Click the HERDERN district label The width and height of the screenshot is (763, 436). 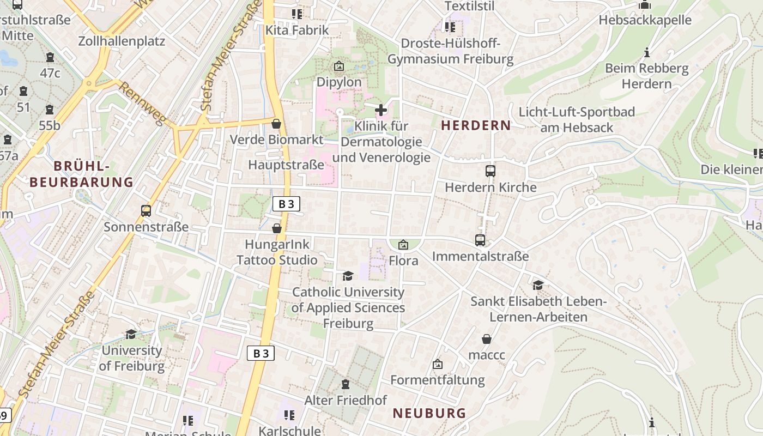coord(476,126)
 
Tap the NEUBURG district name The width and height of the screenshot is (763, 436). coord(429,413)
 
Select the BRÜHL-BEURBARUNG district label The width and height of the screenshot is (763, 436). coord(81,174)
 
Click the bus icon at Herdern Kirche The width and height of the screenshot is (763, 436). coord(491,171)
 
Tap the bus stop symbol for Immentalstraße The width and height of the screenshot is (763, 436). coord(480,240)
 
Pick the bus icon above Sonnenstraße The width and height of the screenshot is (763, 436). coord(146,211)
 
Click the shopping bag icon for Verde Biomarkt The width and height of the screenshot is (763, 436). coord(276,124)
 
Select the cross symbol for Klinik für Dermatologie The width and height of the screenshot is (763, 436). coord(381,110)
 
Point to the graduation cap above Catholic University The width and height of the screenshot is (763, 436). coord(348,276)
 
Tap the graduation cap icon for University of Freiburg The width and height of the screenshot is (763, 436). coord(131,334)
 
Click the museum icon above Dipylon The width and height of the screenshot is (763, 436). coord(338,66)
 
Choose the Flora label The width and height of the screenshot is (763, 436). coord(403,261)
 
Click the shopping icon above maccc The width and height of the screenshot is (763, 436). coord(487,339)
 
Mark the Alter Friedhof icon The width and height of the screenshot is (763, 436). coord(345,385)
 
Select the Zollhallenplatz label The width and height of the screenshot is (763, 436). coord(122,41)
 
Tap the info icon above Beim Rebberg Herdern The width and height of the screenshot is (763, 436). coord(647,53)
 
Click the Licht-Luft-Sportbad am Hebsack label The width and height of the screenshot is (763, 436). coord(577,120)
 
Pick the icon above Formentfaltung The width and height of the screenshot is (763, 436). coord(437,364)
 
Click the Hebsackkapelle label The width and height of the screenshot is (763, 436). coord(645,20)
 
